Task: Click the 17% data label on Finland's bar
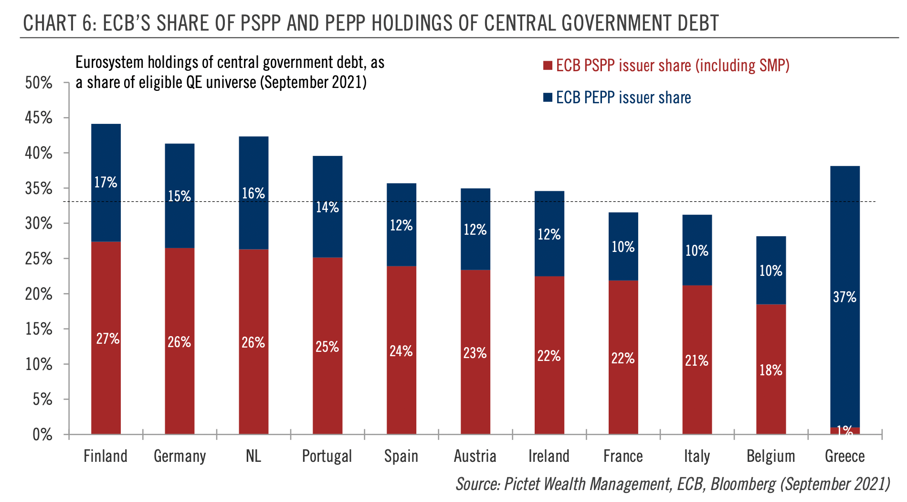coord(105,182)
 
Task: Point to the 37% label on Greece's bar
coord(844,297)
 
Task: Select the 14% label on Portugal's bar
coord(327,207)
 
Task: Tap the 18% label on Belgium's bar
coord(771,370)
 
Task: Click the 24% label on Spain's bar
coord(401,351)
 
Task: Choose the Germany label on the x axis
coord(179,456)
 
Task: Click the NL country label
coord(253,456)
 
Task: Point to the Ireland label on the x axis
coord(549,456)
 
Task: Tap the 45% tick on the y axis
coord(38,118)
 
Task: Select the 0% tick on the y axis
coord(42,435)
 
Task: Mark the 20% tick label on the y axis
coord(38,294)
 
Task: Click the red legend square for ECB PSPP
coord(548,65)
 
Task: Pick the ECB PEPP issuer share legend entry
coord(623,98)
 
